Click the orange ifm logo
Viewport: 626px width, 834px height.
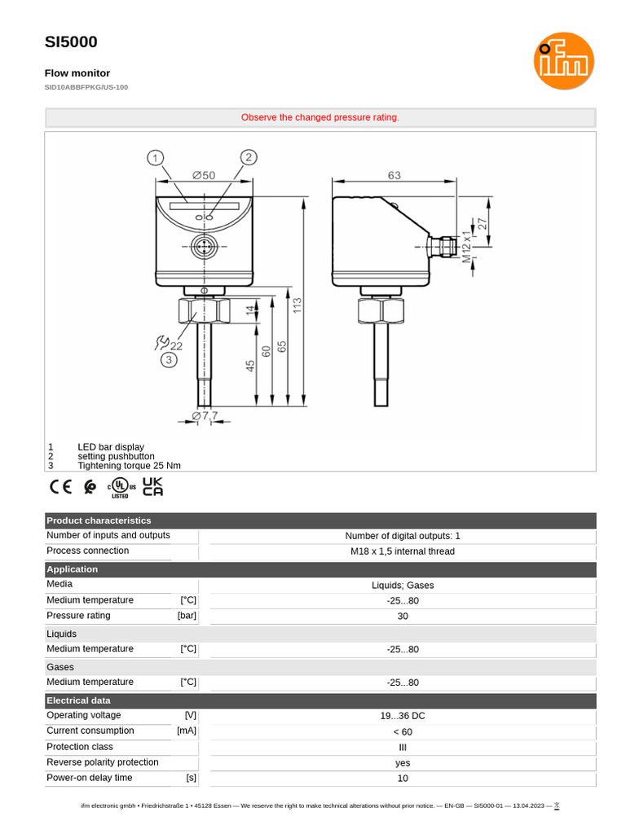(x=564, y=60)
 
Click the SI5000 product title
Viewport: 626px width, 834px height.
(x=71, y=42)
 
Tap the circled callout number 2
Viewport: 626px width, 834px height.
(x=249, y=157)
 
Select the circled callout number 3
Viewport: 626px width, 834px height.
(x=169, y=359)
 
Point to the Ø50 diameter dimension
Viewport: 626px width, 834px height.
(x=204, y=175)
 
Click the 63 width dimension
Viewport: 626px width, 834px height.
(x=394, y=175)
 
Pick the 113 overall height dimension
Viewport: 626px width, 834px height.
(x=298, y=305)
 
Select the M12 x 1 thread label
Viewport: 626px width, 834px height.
(x=466, y=246)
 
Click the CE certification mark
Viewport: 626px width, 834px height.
(x=60, y=487)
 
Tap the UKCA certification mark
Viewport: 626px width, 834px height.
(x=153, y=486)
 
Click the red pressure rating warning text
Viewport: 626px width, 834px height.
(x=320, y=117)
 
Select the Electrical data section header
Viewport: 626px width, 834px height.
(x=78, y=700)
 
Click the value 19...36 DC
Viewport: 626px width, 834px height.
(x=403, y=716)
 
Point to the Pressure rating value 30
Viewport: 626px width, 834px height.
(x=403, y=617)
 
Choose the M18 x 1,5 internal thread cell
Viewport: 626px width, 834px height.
(x=403, y=551)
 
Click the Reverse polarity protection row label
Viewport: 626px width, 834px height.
(x=103, y=762)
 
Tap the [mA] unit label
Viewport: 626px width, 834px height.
(x=187, y=731)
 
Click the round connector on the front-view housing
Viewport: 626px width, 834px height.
(x=204, y=246)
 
